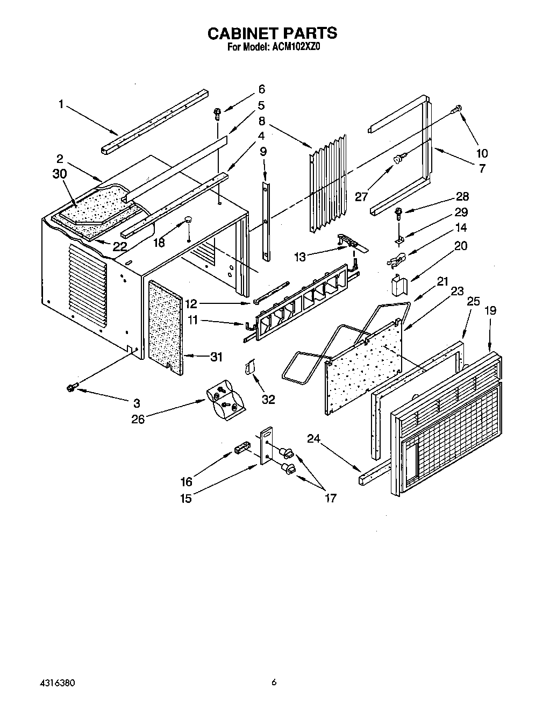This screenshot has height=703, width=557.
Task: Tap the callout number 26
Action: pyautogui.click(x=138, y=418)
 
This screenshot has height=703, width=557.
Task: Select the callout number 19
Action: pyautogui.click(x=490, y=311)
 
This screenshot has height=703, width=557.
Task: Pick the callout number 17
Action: pyautogui.click(x=330, y=498)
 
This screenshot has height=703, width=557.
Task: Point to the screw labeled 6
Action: pyautogui.click(x=217, y=113)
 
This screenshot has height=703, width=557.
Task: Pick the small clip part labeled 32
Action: pyautogui.click(x=250, y=367)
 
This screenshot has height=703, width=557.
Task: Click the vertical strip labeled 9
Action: pyautogui.click(x=265, y=221)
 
